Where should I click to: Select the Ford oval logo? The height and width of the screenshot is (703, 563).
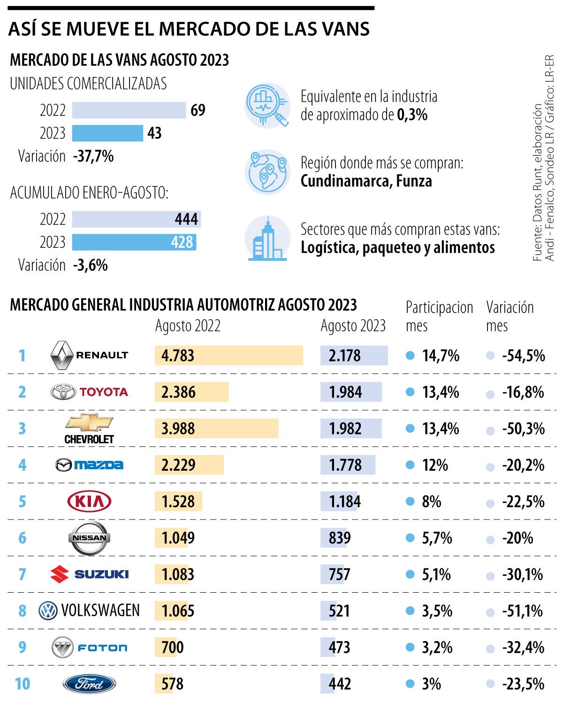point(89,684)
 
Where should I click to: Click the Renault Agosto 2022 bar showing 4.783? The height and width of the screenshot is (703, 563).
point(228,355)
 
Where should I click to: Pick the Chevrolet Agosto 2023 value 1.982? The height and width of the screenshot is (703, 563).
point(345,428)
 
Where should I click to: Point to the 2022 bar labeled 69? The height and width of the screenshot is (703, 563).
point(129,110)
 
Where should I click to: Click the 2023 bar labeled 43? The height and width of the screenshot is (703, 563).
point(107,133)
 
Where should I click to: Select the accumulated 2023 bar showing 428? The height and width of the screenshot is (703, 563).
point(134,242)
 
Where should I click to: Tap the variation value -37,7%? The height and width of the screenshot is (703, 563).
point(93,156)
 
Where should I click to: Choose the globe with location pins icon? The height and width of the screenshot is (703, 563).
point(267,172)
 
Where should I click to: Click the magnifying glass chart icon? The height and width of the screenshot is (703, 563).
point(267,106)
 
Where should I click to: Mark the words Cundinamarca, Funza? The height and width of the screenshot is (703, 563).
point(366,181)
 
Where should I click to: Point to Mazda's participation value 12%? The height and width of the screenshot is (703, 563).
point(434,465)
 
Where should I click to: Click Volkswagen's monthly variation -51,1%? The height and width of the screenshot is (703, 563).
point(522,611)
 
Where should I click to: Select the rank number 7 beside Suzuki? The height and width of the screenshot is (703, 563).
point(22,574)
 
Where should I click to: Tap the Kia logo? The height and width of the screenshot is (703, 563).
point(89,501)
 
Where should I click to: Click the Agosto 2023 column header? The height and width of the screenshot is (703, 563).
point(353,326)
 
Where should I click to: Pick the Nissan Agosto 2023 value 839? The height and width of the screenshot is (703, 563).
point(340,538)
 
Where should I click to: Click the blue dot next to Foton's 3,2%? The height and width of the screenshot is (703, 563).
point(410,648)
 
